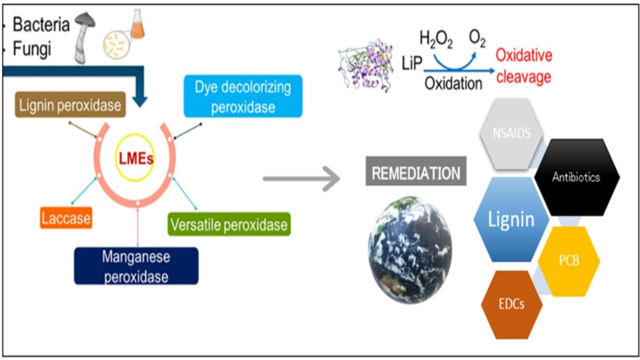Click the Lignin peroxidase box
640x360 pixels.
coord(70,105)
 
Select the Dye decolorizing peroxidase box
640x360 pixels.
coord(243,96)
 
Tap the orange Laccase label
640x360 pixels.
coord(66,218)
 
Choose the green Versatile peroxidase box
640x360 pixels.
coord(229,224)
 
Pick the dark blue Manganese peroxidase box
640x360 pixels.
coord(136,266)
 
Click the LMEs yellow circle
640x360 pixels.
coord(135,158)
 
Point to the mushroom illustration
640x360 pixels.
coord(83,37)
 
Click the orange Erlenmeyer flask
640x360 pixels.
coord(137,25)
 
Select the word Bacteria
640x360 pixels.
coord(41,25)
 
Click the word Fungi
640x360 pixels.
coord(32,49)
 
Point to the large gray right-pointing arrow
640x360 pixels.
coord(302,179)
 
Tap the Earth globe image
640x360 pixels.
coord(410,250)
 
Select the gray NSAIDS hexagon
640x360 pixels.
coord(511,133)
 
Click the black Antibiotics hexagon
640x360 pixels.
coord(576,177)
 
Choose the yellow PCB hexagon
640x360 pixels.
coord(569,261)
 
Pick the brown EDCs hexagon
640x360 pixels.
coord(512,304)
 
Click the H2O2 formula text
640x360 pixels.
coord(436,39)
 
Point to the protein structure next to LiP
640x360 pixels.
coord(366,66)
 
